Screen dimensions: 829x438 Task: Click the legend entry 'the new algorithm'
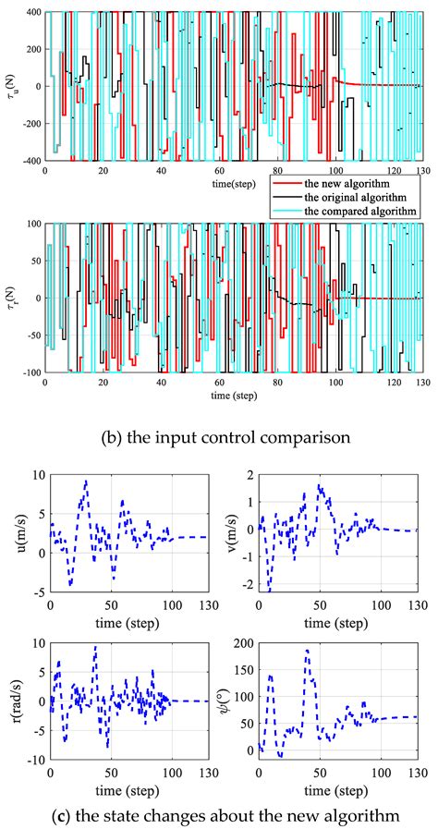361,184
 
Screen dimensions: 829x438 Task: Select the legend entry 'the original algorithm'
368,198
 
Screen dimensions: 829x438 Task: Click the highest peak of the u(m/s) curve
86,481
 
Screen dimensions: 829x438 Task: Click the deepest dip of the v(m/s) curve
270,591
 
